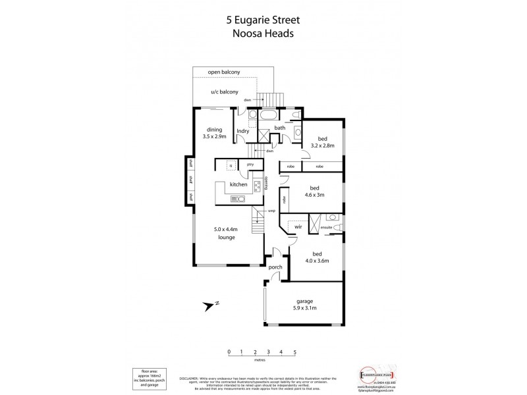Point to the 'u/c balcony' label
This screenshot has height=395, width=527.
224,92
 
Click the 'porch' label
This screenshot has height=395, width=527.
275,267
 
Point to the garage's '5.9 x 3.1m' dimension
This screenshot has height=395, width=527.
304,306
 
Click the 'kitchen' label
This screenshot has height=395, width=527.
238,186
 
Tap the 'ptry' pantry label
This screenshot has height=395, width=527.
250,165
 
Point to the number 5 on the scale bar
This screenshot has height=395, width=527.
294,353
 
